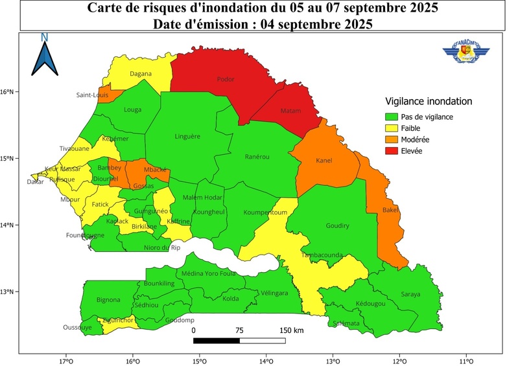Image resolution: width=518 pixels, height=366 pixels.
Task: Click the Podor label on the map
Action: coord(226,80)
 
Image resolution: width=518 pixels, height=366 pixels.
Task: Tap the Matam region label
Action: coord(290,111)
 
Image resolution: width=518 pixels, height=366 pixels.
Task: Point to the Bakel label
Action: coord(390,211)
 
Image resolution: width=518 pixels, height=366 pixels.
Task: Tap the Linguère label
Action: coord(188,137)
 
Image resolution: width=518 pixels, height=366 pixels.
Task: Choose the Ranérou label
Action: coord(257,157)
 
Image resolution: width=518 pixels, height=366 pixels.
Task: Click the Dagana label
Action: coord(141,74)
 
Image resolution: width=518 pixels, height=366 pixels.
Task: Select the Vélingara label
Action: coord(274,293)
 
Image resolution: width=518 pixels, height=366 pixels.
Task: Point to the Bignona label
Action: coord(108,300)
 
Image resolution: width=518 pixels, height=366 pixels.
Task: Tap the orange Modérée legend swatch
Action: coord(391,139)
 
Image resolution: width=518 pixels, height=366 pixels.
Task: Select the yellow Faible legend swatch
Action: coord(391,128)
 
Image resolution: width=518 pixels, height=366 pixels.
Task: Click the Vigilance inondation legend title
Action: coord(428,102)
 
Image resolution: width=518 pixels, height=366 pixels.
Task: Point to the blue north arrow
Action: coord(45,55)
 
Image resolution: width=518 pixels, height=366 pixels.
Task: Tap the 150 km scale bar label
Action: coord(291,330)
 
